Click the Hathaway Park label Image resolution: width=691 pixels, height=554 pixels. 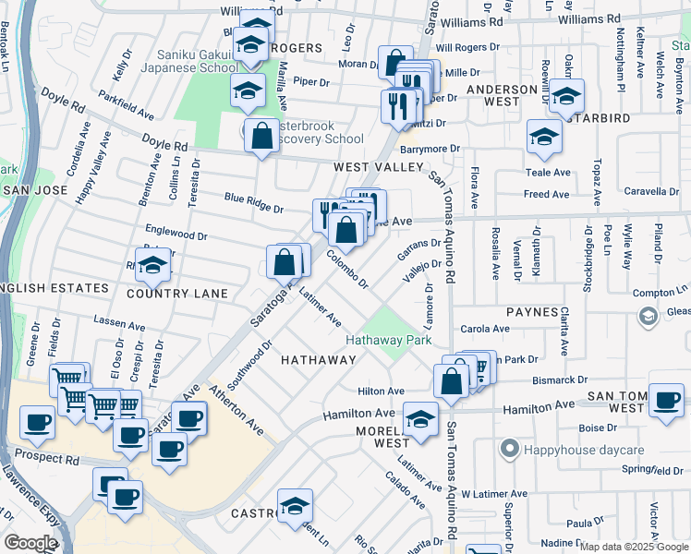389,340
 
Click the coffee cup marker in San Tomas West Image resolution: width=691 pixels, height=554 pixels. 666,401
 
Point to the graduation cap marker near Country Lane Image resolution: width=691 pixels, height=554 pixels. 152,266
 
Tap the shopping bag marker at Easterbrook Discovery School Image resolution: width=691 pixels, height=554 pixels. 262,136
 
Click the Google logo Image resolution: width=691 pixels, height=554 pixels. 30,543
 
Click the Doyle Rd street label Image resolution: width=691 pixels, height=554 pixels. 166,146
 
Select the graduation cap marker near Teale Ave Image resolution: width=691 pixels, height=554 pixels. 545,138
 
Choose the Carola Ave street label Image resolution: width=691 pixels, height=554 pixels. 485,329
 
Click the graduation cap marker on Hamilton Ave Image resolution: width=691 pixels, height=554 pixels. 420,420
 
